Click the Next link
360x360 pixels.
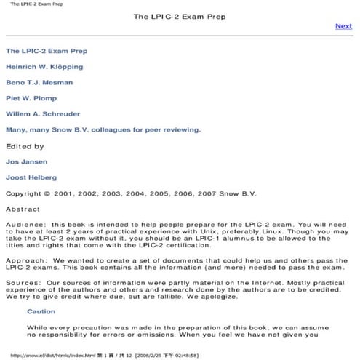(x=343, y=26)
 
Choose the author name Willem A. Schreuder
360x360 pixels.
(x=43, y=114)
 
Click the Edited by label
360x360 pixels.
(x=24, y=146)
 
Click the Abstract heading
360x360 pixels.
(x=23, y=209)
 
